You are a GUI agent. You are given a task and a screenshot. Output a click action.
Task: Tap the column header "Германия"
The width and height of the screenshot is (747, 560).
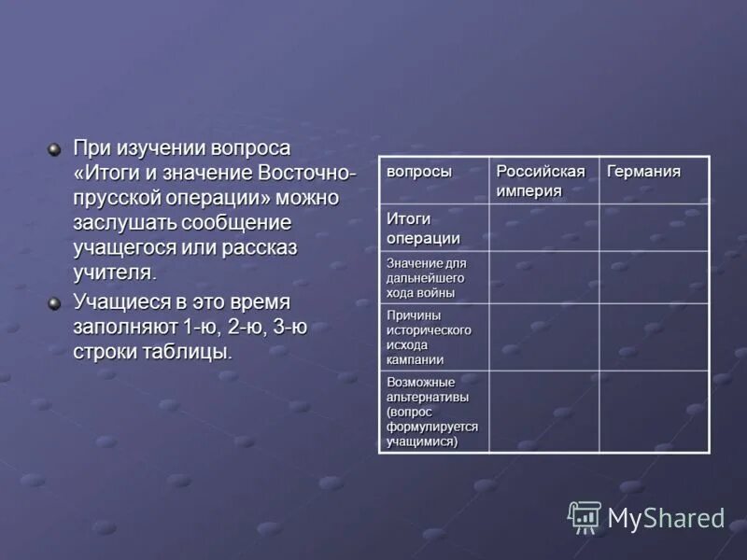pyautogui.click(x=644, y=172)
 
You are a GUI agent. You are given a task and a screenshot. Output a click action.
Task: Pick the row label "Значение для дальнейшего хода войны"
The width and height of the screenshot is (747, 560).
pyautogui.click(x=426, y=277)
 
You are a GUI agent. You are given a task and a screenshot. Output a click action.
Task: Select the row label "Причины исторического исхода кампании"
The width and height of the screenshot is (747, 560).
pyautogui.click(x=429, y=336)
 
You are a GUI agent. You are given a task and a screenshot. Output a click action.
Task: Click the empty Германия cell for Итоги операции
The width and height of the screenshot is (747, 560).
pyautogui.click(x=654, y=228)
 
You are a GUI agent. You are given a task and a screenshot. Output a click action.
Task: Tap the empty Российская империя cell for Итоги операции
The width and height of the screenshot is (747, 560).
pyautogui.click(x=543, y=228)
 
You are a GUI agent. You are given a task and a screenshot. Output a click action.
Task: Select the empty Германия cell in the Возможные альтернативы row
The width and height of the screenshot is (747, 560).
pyautogui.click(x=654, y=412)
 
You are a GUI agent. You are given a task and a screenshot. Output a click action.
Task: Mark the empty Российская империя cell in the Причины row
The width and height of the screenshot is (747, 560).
pyautogui.click(x=543, y=336)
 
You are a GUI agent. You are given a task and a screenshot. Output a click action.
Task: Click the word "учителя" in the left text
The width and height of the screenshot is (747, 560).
pyautogui.click(x=112, y=272)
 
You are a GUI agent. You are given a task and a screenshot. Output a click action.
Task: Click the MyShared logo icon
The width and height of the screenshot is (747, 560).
pyautogui.click(x=585, y=516)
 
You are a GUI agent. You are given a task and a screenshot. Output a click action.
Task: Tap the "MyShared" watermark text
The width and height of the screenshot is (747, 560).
pyautogui.click(x=666, y=518)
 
